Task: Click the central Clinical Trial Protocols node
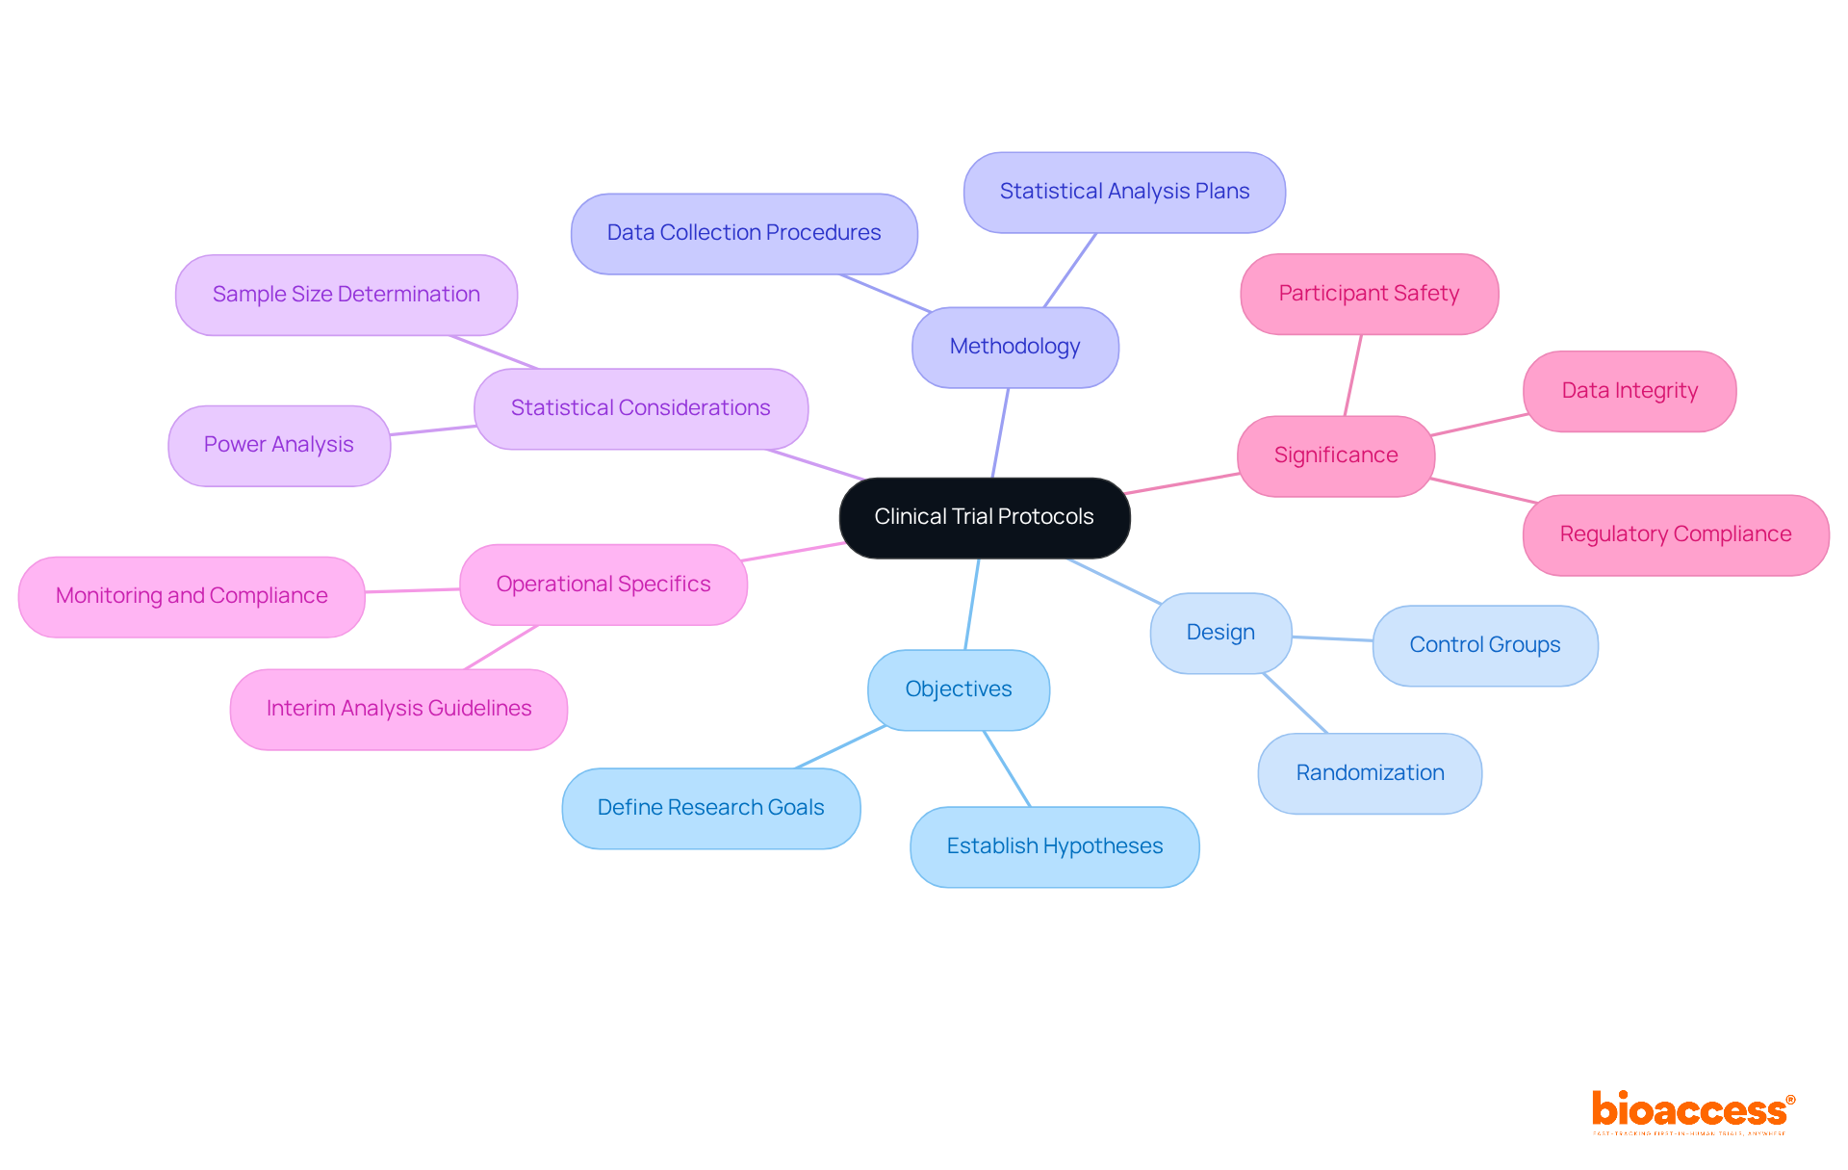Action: (984, 517)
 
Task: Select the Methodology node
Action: (1014, 347)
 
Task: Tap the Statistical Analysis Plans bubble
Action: (1124, 192)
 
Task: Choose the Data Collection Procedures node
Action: (743, 233)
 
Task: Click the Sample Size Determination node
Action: (346, 295)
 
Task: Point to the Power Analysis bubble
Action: (278, 445)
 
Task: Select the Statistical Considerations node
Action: (640, 408)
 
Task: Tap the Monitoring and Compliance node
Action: (192, 596)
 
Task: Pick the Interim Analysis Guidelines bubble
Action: (398, 709)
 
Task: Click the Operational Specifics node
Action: (603, 585)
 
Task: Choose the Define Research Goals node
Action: (710, 808)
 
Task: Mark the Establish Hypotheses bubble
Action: (1054, 846)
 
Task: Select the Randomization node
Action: (1370, 773)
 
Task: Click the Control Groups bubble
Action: (1484, 645)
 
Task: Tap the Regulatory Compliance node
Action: (1675, 534)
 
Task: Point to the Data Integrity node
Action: (1629, 391)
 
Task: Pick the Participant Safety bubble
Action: (1369, 294)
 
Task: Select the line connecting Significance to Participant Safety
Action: (1353, 376)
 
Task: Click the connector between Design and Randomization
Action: (1296, 703)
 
